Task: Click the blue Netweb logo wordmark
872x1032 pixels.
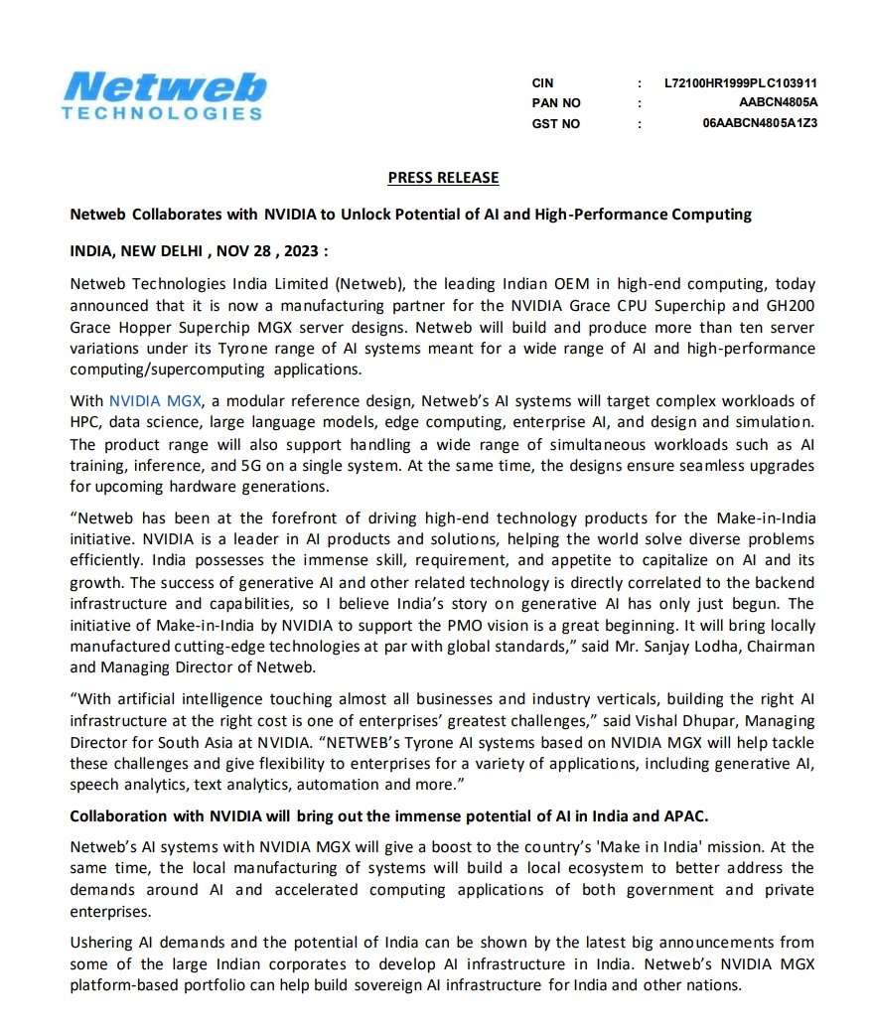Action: click(x=163, y=86)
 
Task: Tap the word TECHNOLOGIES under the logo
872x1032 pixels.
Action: click(x=162, y=113)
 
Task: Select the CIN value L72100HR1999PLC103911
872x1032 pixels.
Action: click(x=741, y=82)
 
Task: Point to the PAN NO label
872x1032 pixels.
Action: click(x=556, y=103)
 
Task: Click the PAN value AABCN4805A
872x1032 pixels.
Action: click(x=778, y=103)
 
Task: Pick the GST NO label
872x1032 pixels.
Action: click(x=555, y=124)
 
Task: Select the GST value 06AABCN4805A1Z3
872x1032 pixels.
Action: click(x=760, y=124)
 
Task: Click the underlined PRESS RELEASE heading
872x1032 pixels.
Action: click(x=443, y=178)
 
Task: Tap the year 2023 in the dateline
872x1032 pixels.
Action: click(x=297, y=251)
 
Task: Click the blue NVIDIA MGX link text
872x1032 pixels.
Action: click(x=156, y=400)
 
